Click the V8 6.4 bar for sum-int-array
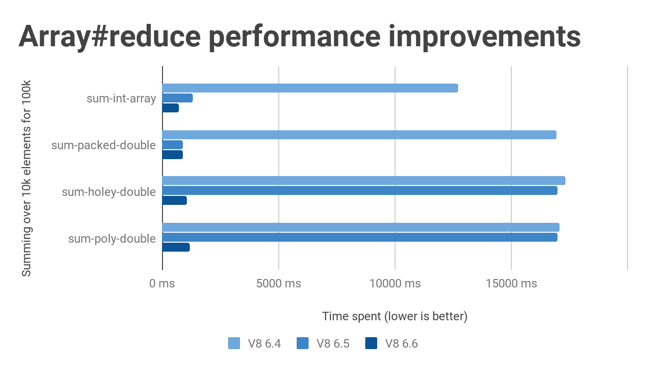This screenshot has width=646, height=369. pos(310,88)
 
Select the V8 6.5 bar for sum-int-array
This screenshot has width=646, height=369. pos(177,98)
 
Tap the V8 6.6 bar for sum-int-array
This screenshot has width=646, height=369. pos(170,108)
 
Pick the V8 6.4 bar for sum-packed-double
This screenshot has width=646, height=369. pos(359,135)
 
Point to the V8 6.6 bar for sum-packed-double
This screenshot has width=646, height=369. pos(172,155)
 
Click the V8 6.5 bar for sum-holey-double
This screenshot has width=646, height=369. pos(360,190)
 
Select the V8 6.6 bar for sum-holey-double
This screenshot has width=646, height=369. pos(174,200)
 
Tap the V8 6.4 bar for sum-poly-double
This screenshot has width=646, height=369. pos(361,227)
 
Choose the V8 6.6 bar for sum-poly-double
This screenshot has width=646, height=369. pos(176,247)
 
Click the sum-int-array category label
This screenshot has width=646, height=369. pos(121,98)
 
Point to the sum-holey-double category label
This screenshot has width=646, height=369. pos(109,191)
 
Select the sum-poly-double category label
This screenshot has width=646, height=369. pos(112,239)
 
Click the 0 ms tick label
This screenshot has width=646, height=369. pos(162,283)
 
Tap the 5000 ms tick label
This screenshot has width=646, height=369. pos(278,283)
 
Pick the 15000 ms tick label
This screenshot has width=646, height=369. pos(511,283)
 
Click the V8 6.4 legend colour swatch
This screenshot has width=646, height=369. pos(234,343)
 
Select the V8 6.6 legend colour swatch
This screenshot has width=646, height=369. pos(371,343)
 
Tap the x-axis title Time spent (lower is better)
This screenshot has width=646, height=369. pos(395,316)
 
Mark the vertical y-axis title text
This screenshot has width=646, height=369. pos(26,178)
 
